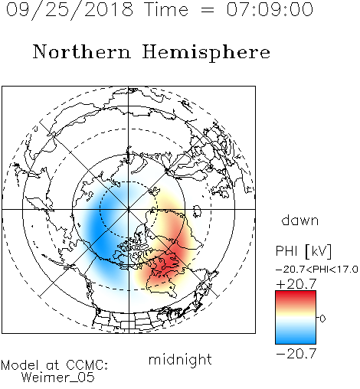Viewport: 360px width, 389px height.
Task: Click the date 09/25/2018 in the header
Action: [70, 10]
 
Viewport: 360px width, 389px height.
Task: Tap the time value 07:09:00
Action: [270, 9]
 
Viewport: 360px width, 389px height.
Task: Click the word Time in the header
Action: [166, 9]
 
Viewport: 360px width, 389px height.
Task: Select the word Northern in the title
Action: [82, 51]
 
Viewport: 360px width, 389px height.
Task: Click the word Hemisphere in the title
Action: [206, 52]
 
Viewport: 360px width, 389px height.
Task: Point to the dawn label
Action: [300, 221]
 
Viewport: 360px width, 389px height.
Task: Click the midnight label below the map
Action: [180, 360]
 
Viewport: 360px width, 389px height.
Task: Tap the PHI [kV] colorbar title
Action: [303, 251]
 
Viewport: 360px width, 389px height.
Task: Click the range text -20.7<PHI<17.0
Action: [317, 270]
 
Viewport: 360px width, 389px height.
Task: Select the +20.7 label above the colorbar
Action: [296, 284]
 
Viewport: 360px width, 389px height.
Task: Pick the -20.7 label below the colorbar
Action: [296, 354]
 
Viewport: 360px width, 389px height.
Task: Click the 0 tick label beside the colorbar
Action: [322, 319]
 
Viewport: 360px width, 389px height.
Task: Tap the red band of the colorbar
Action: [296, 297]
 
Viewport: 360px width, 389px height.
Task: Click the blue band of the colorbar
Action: [296, 337]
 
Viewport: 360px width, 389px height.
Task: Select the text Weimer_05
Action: [58, 378]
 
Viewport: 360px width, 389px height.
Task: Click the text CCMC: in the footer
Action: [87, 365]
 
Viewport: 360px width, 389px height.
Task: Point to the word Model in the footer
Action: [20, 365]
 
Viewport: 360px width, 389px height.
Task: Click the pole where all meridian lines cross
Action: [129, 209]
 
